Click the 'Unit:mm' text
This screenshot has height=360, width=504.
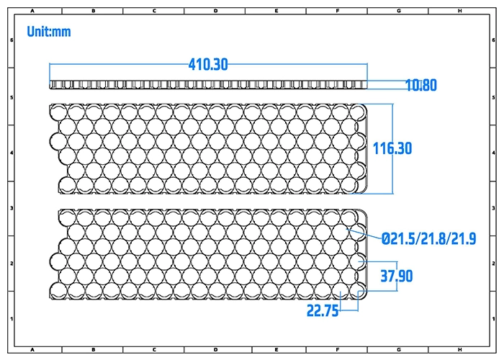49,32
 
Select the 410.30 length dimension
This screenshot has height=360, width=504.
208,65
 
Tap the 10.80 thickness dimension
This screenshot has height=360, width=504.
421,86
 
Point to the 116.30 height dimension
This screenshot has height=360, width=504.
392,148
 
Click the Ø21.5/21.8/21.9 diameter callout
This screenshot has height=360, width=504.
428,238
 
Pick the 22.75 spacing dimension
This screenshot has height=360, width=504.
324,310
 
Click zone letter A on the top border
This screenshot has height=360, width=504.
33,11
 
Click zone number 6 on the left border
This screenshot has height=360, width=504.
10,40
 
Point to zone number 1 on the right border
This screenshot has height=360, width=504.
493,318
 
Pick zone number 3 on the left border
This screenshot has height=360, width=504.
10,207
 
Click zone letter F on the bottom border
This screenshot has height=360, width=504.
338,350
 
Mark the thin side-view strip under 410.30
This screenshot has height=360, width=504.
208,85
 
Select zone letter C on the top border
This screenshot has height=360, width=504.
155,11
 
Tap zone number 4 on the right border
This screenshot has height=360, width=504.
493,152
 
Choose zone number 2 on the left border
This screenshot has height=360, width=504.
10,263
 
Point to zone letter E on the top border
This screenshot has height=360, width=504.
276,11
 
